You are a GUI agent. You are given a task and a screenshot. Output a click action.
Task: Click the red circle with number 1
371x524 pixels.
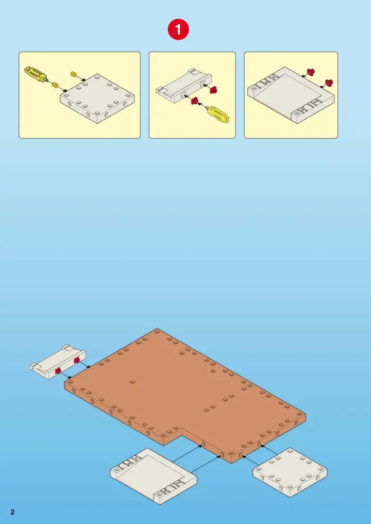pyautogui.click(x=178, y=29)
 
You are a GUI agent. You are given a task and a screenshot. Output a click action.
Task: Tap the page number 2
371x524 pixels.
pyautogui.click(x=13, y=512)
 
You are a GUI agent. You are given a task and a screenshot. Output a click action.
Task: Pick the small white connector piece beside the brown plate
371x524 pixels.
pyautogui.click(x=58, y=362)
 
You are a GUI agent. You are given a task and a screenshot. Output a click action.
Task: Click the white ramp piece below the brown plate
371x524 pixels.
pyautogui.click(x=153, y=475)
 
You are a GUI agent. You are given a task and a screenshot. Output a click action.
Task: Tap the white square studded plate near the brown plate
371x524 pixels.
pyautogui.click(x=290, y=472)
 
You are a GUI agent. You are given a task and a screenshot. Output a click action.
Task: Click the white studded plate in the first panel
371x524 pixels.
pyautogui.click(x=97, y=98)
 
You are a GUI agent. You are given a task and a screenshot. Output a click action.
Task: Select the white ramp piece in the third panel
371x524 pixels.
pyautogui.click(x=291, y=95)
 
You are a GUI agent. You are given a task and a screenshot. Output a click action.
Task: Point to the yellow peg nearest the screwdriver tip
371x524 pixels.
pyautogui.click(x=55, y=86)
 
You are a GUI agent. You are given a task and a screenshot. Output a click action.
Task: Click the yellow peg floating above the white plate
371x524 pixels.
pyautogui.click(x=74, y=74)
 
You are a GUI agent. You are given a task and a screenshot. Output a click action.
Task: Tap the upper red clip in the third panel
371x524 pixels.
pyautogui.click(x=311, y=72)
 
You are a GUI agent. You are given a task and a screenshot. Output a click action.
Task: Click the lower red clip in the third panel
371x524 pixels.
pyautogui.click(x=329, y=83)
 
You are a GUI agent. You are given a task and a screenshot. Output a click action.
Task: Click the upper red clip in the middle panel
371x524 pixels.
pyautogui.click(x=213, y=89)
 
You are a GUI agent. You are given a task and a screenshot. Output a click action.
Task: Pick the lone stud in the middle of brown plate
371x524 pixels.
pyautogui.click(x=132, y=382)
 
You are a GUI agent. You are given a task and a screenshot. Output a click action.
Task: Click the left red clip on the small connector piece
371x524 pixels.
pyautogui.click(x=58, y=370)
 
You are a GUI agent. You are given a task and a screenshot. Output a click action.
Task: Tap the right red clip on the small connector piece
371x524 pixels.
pyautogui.click(x=77, y=359)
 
